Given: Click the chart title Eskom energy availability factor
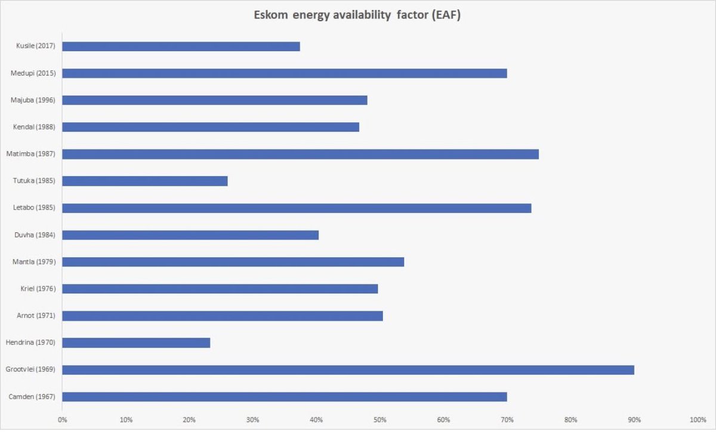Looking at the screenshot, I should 358,16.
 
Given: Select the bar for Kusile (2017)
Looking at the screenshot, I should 181,47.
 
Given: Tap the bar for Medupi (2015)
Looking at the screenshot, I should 284,73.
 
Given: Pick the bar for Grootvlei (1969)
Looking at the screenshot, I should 348,370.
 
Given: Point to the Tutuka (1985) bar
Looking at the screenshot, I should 144,181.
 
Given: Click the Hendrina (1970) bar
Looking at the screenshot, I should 136,343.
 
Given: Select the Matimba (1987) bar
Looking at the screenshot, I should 300,154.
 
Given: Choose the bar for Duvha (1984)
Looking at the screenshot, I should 190,235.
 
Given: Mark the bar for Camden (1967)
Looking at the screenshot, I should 284,397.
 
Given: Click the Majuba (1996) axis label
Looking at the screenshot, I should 33,100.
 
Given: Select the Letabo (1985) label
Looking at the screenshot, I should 34,208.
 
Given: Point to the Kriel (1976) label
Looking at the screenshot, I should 37,288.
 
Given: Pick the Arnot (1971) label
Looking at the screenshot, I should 37,315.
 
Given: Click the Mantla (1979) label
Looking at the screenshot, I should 34,262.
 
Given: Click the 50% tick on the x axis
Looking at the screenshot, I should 380,419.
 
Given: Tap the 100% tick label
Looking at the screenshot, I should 697,419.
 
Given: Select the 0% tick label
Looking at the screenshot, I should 62,419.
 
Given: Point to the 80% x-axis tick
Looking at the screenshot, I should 571,419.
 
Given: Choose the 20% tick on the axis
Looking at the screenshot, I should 189,419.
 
